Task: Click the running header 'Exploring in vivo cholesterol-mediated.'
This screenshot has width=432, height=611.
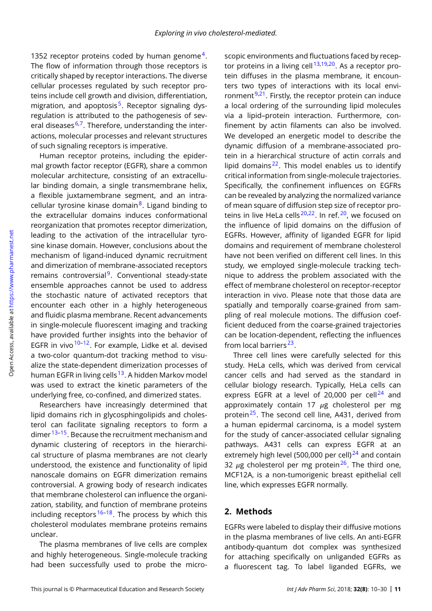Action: [216, 33]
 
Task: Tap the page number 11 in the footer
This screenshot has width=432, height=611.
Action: [398, 590]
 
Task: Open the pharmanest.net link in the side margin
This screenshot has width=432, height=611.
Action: [11, 265]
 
